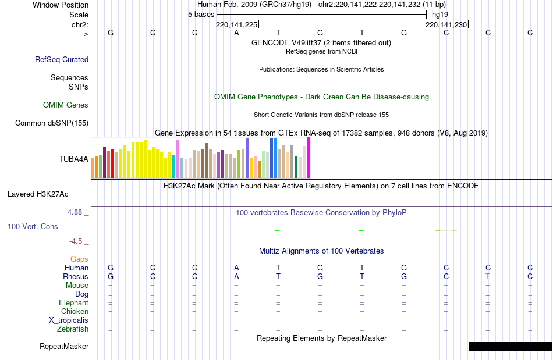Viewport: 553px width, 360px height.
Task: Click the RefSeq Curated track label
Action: (62, 59)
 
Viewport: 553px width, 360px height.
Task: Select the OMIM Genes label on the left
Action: (66, 105)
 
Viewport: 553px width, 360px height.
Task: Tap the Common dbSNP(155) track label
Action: (52, 123)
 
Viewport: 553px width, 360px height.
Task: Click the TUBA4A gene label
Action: (73, 158)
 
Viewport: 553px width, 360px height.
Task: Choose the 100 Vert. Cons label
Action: (33, 226)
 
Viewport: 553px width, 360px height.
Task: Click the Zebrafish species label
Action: (73, 329)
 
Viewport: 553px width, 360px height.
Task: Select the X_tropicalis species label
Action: (69, 320)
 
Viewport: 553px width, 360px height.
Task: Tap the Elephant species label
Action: (73, 303)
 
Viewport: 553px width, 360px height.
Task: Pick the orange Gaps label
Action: (79, 259)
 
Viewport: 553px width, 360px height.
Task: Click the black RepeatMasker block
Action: (510, 346)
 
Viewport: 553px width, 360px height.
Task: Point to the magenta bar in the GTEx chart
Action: (308, 158)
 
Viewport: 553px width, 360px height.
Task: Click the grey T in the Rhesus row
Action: (488, 277)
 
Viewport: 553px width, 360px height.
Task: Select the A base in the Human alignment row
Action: (236, 268)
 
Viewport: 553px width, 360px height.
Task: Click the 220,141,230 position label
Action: (446, 24)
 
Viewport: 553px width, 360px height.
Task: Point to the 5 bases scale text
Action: (201, 14)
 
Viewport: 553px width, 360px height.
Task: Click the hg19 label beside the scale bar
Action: (440, 14)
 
